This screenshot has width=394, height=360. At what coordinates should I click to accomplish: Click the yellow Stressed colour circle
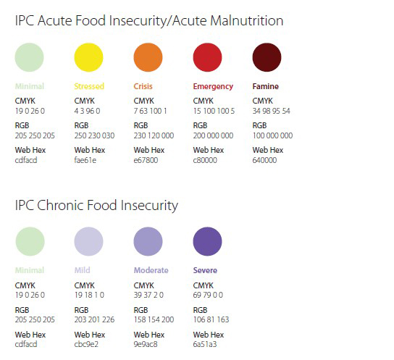[x=88, y=57]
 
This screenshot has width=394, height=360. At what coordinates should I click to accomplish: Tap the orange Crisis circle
[x=148, y=57]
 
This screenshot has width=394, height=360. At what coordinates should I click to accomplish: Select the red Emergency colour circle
[x=207, y=57]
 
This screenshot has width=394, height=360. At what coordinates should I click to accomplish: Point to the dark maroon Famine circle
[x=267, y=57]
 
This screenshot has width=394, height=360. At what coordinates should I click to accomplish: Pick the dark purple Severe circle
[x=207, y=241]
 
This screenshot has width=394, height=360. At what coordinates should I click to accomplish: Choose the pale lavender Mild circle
[x=88, y=241]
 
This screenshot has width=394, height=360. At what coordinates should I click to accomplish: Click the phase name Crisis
[x=143, y=86]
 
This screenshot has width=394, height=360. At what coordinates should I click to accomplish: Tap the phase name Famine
[x=265, y=86]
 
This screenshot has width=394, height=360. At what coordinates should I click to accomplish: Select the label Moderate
[x=151, y=270]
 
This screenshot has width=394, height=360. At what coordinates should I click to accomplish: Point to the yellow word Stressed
[x=89, y=86]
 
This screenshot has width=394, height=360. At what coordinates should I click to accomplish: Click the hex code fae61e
[x=85, y=160]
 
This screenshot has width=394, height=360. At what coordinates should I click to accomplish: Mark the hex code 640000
[x=264, y=160]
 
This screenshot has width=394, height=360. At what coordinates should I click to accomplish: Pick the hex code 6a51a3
[x=205, y=344]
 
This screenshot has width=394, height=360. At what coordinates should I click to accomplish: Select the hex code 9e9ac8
[x=146, y=344]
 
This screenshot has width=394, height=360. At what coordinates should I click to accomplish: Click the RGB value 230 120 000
[x=154, y=135]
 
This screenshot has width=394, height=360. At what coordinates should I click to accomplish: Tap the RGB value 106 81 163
[x=211, y=319]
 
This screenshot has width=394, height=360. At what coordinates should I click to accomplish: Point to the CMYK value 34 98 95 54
[x=271, y=111]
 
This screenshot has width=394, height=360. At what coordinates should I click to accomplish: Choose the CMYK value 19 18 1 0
[x=89, y=295]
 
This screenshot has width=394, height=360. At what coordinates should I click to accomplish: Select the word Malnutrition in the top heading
[x=247, y=20]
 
